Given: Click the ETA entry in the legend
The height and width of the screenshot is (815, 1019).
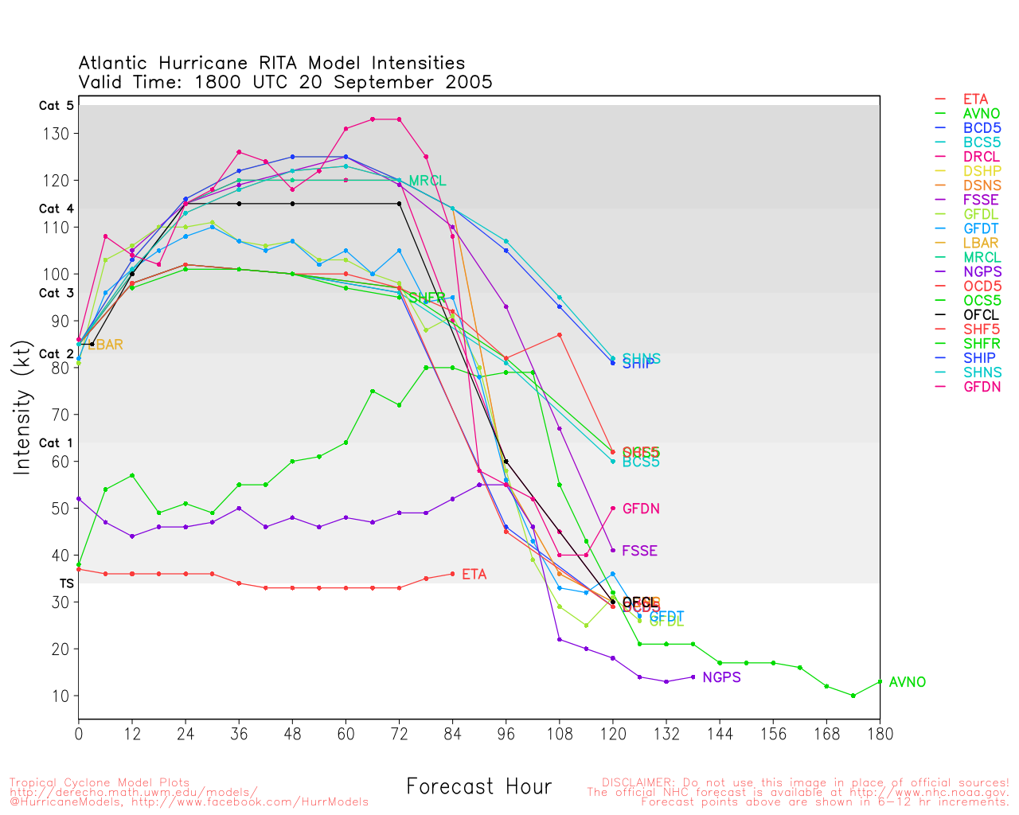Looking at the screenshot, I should coord(974,99).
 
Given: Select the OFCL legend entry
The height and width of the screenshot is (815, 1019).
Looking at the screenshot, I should coord(980,315).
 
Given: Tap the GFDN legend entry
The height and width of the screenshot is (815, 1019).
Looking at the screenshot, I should coord(982,387).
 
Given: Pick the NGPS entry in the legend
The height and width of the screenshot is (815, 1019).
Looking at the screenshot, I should coord(982,272).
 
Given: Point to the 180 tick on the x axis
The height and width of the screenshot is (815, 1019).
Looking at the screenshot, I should coord(880,734).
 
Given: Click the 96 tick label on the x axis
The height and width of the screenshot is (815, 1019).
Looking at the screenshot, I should coord(506,734).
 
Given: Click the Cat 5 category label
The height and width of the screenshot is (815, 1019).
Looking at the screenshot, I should coord(56,106).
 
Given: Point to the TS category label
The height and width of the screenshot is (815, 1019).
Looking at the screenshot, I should coord(66,583).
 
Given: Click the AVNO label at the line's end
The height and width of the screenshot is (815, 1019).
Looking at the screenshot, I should coord(907,682).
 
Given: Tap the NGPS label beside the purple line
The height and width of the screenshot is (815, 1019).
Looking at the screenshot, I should coord(721,677).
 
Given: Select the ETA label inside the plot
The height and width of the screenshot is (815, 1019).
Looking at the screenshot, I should coord(474,575).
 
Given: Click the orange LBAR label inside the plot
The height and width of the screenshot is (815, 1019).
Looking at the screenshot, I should coord(105,345).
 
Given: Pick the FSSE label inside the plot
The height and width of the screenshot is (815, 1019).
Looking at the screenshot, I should coord(639,551).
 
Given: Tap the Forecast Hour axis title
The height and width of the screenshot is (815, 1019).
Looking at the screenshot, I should coord(478,787).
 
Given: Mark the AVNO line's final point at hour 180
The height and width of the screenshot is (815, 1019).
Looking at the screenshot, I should coord(880,682).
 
